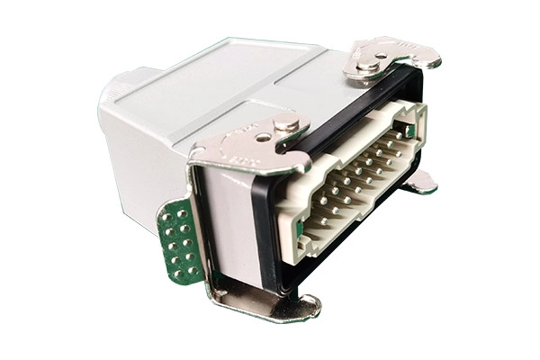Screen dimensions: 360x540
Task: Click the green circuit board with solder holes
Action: [177, 241]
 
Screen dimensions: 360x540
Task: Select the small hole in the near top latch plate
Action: [262, 138]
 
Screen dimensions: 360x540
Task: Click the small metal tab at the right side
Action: [419, 182]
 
